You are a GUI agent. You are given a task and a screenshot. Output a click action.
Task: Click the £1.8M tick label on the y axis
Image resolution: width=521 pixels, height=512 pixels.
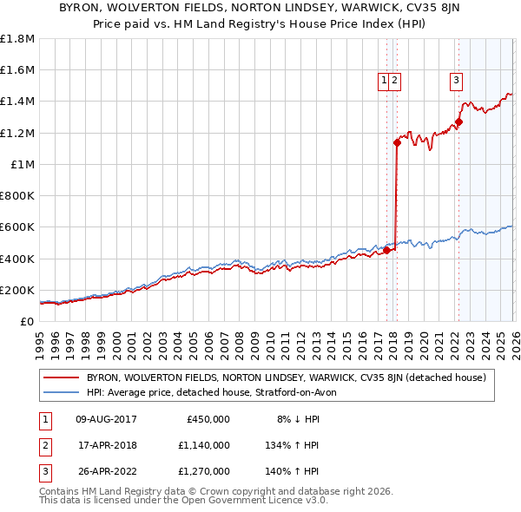[x=17, y=39]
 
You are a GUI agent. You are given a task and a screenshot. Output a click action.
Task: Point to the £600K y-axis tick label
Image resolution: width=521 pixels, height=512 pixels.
[x=17, y=227]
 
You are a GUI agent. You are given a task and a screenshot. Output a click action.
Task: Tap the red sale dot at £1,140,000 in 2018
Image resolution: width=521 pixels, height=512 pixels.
[x=397, y=142]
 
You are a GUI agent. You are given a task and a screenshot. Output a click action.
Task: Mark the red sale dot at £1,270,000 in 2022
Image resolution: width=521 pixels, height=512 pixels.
[x=458, y=122]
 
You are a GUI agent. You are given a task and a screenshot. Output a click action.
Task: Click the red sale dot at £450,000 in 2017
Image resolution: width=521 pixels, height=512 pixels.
[x=386, y=251]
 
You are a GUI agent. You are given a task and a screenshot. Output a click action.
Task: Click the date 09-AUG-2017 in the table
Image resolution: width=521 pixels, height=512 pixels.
[x=106, y=418]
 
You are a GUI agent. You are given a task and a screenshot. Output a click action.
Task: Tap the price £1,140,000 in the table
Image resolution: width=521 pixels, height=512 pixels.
[x=207, y=445]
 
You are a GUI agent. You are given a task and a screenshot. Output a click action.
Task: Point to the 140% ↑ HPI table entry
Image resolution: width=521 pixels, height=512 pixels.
[x=297, y=472]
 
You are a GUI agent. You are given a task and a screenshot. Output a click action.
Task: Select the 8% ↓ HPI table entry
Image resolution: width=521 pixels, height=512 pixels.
[x=297, y=418]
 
